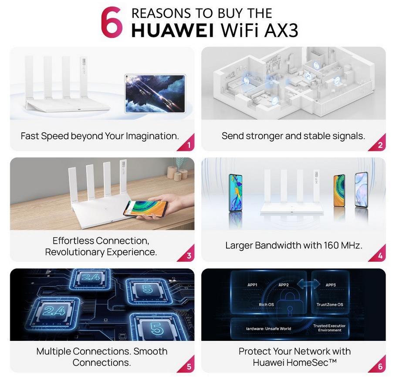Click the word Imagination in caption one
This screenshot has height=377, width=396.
152,136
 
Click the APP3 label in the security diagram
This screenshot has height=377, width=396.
331,285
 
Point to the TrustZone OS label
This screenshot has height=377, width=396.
330,305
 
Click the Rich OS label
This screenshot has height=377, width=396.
266,305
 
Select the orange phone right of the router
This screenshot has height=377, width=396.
339,191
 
